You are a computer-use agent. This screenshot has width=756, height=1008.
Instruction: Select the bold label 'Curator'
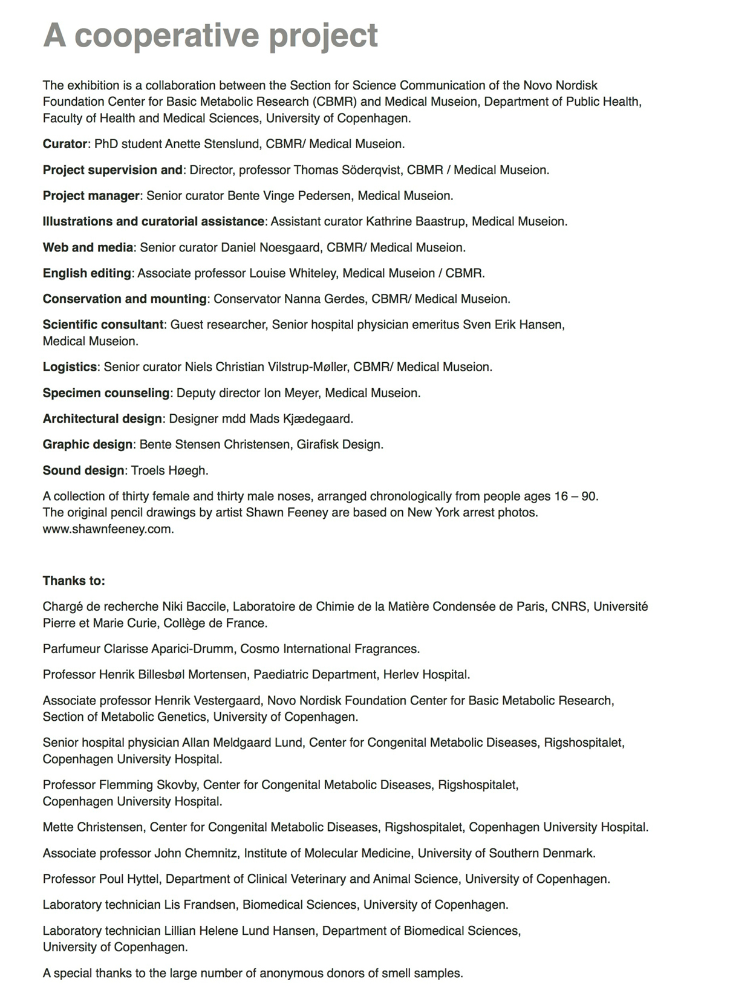point(65,144)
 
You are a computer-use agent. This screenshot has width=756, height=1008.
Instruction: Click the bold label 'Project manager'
point(91,196)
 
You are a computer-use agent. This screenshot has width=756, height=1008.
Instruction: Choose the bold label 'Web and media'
point(88,247)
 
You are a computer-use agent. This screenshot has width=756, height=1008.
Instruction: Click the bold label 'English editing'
point(86,273)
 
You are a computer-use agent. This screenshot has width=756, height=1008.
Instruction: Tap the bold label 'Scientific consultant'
point(103,325)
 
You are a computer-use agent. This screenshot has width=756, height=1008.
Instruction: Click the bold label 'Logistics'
point(70,367)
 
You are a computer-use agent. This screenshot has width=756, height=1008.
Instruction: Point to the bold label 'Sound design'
point(83,470)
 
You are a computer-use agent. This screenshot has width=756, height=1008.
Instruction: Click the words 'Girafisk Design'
point(339,444)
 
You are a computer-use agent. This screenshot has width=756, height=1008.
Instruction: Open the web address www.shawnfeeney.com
point(108,529)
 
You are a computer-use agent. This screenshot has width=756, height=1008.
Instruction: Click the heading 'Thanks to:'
point(74,581)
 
